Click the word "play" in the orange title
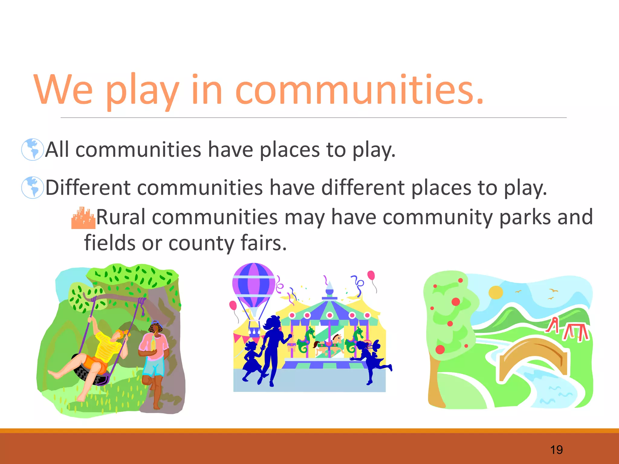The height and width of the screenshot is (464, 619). point(142,91)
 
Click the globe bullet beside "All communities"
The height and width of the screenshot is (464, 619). point(32,149)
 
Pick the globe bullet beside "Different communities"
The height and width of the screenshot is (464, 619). point(32,187)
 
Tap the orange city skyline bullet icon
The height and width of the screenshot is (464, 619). point(83,218)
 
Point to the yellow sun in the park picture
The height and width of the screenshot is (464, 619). point(496,292)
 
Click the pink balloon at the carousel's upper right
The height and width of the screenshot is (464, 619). point(371,275)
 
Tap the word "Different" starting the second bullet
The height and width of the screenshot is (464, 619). point(88,188)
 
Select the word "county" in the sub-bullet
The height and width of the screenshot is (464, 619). point(201,243)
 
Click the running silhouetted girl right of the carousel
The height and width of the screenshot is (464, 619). point(370,361)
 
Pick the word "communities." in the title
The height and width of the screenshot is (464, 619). point(360,91)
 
